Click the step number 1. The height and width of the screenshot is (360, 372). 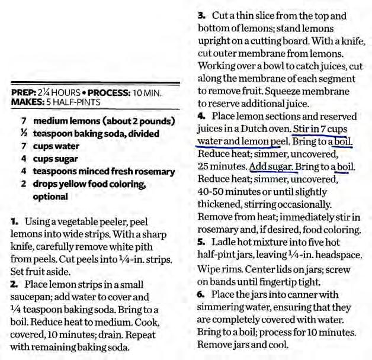[x=14, y=221]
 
